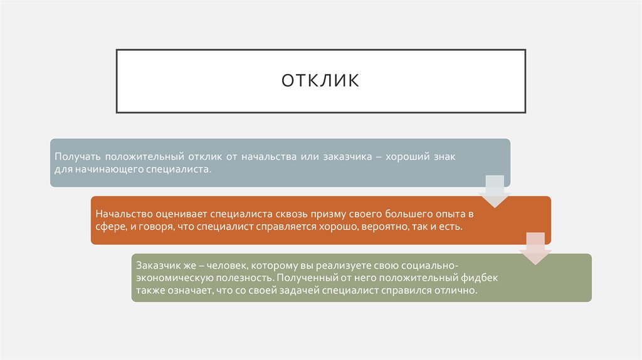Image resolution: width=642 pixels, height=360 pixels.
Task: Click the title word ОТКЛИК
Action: tap(320, 81)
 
